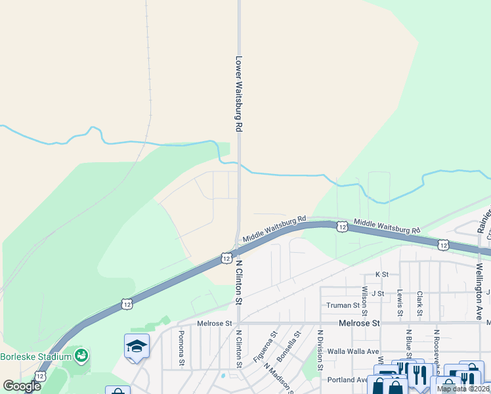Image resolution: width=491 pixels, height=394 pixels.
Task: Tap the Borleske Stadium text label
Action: pos(35,357)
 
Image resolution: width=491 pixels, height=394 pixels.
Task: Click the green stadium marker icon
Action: pos(81,356)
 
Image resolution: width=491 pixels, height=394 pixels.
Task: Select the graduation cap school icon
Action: pos(137,347)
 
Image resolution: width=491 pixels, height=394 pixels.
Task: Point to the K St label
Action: pos(382,274)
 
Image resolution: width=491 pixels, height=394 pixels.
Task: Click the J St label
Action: pos(377,293)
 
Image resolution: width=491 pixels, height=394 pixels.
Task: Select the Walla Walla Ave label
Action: pos(354,351)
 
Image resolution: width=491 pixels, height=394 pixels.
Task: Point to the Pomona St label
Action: pos(181,347)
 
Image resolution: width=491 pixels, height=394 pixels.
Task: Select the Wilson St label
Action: pos(365,299)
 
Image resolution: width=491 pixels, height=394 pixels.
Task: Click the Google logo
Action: pos(22,386)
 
